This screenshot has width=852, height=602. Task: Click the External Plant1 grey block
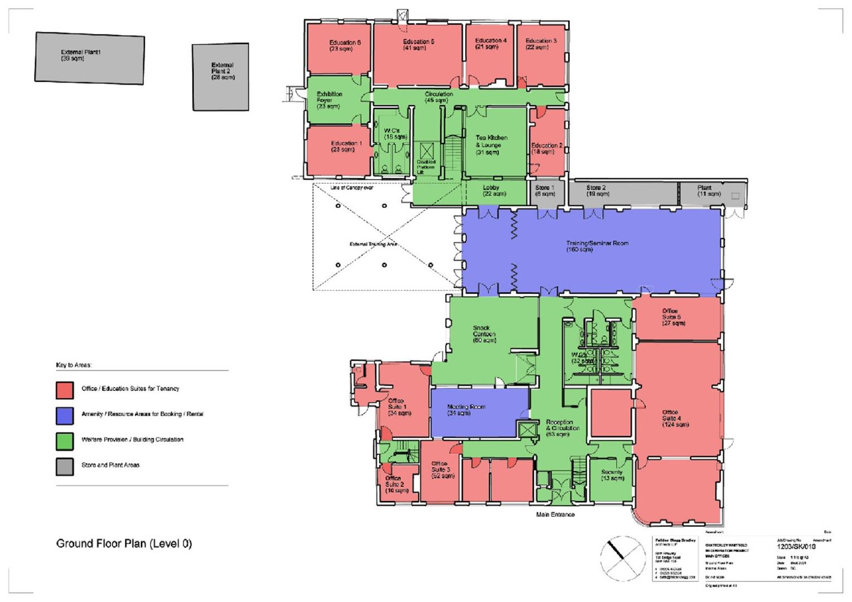(x=90, y=58)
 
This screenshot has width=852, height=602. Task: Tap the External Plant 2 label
(x=222, y=71)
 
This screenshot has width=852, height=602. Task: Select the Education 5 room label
(x=418, y=45)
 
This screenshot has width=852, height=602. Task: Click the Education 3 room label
(x=540, y=44)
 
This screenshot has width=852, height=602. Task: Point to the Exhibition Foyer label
(x=329, y=100)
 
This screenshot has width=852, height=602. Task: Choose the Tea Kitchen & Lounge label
(x=491, y=144)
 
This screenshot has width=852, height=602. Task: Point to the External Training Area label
(x=373, y=245)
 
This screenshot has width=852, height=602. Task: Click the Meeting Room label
(x=466, y=410)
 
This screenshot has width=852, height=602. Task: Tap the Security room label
(x=612, y=475)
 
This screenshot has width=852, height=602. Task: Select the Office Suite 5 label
(x=673, y=317)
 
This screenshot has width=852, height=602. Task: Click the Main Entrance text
(x=555, y=514)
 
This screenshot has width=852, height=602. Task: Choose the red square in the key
(x=65, y=390)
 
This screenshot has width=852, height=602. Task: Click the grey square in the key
(x=65, y=467)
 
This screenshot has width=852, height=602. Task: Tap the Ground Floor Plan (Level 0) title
(x=124, y=543)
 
